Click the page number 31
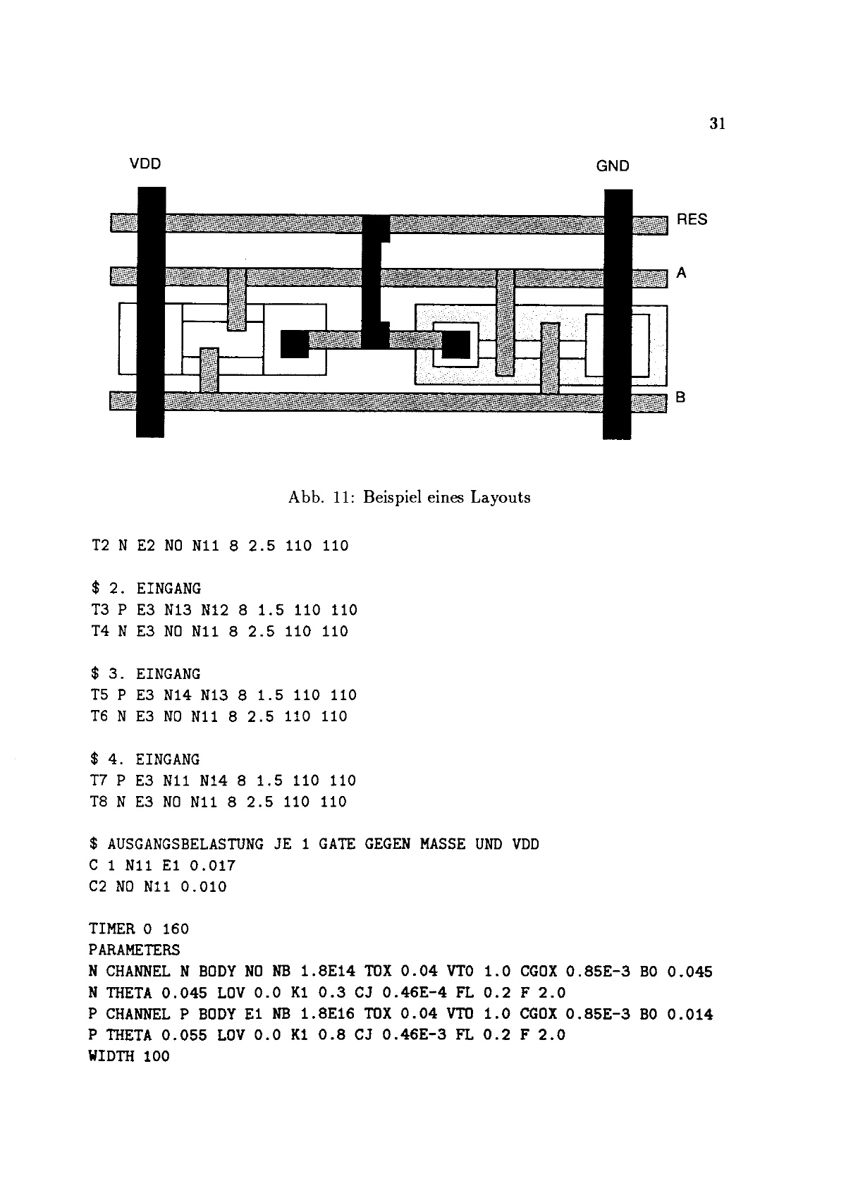point(717,124)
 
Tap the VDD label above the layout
point(145,164)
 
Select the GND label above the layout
point(612,166)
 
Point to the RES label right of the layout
point(692,220)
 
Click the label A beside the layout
point(681,273)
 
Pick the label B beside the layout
point(680,397)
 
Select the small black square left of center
point(295,344)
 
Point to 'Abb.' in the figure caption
point(304,497)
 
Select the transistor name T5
point(99,695)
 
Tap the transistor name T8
point(99,802)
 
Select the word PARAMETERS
point(134,950)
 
